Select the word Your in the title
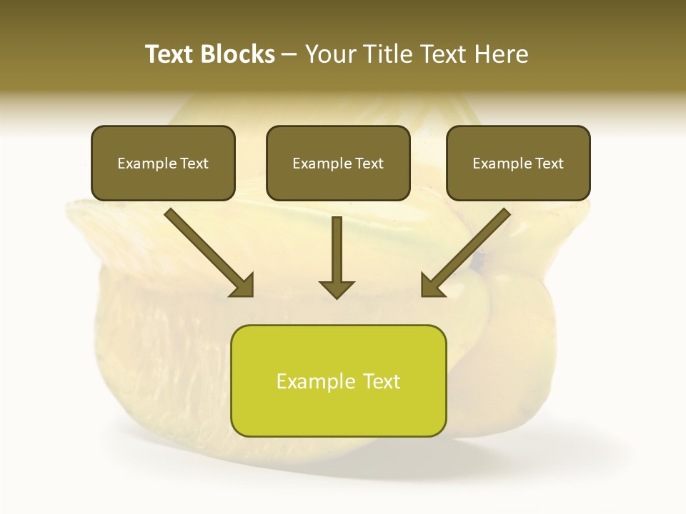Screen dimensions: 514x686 [x=331, y=54]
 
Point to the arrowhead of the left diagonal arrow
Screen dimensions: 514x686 [x=243, y=286]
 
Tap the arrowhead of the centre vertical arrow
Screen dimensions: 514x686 [x=337, y=288]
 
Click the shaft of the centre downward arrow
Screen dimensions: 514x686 [x=337, y=246]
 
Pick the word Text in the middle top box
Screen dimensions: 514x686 [x=369, y=163]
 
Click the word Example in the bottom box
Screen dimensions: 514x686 [x=316, y=381]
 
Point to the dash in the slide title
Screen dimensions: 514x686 [x=289, y=55]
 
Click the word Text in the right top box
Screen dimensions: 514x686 [x=549, y=163]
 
